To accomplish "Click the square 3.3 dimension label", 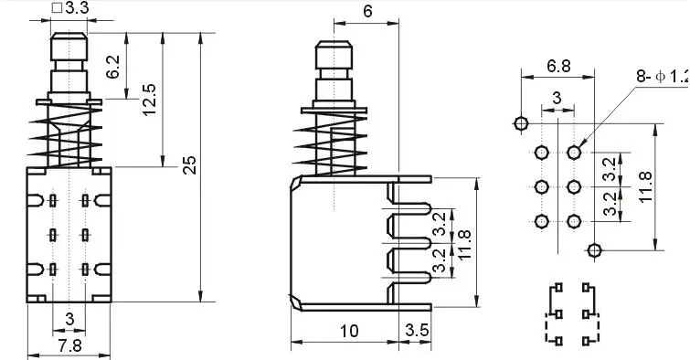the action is (70, 8).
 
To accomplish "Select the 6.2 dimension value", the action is (112, 67).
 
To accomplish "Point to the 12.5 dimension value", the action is (150, 100).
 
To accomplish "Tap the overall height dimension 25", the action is (190, 165).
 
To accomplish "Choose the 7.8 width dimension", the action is (70, 345).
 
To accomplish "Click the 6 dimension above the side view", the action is (367, 12).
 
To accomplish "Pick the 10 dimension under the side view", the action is (349, 331).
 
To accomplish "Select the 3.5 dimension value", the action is (417, 330).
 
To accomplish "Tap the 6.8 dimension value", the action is (558, 66).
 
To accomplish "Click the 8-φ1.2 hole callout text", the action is (663, 76).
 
